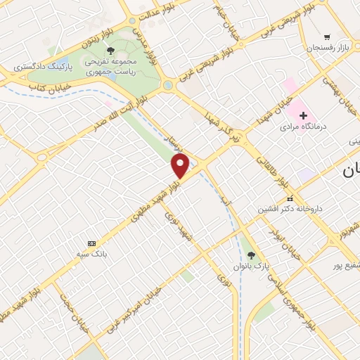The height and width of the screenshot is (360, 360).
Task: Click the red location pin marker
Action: pos(181,166)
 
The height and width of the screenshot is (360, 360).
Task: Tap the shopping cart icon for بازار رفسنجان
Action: pos(327,37)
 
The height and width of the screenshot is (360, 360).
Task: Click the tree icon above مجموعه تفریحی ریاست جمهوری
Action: pos(110,50)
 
